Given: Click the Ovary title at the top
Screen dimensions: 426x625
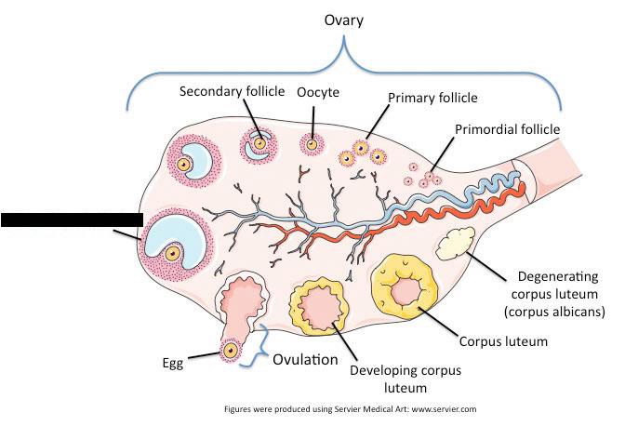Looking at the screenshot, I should [x=342, y=18].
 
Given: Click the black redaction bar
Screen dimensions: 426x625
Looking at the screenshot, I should [x=71, y=220].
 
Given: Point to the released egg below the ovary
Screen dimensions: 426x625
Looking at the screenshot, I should [x=229, y=352].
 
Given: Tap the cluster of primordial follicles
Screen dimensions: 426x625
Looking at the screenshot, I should [x=424, y=174].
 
